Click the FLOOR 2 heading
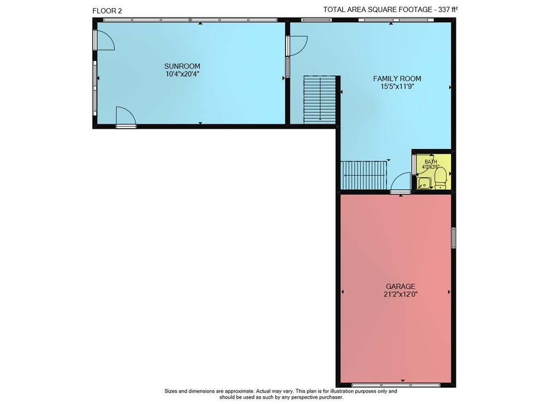pyautogui.click(x=107, y=11)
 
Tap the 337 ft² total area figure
pyautogui.click(x=448, y=9)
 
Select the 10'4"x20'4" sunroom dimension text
pyautogui.click(x=182, y=74)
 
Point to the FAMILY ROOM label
pyautogui.click(x=397, y=79)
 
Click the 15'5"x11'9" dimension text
pyautogui.click(x=397, y=87)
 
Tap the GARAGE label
pyautogui.click(x=400, y=286)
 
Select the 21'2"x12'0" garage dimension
pyautogui.click(x=400, y=294)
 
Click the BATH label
pyautogui.click(x=431, y=162)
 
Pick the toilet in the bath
pyautogui.click(x=441, y=178)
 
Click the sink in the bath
pyautogui.click(x=424, y=183)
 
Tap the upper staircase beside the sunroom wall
pyautogui.click(x=319, y=100)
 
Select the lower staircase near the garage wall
pyautogui.click(x=364, y=175)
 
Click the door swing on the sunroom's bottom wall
pyautogui.click(x=126, y=117)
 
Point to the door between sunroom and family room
pyautogui.click(x=296, y=46)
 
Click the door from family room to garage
pyautogui.click(x=400, y=182)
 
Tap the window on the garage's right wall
pyautogui.click(x=453, y=238)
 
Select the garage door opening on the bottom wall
pyautogui.click(x=396, y=385)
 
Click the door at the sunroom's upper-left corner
pyautogui.click(x=104, y=40)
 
